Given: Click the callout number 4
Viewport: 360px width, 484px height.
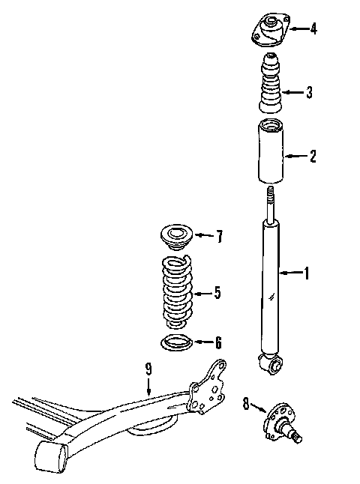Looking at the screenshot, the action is coord(313,28).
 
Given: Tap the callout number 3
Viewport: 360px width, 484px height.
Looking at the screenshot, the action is coord(309,92).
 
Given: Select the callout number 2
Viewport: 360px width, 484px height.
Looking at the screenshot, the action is coord(313,156).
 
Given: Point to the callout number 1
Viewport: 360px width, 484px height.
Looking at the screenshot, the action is coord(306,273).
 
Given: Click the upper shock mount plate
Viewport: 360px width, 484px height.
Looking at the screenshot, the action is coord(271,30).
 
